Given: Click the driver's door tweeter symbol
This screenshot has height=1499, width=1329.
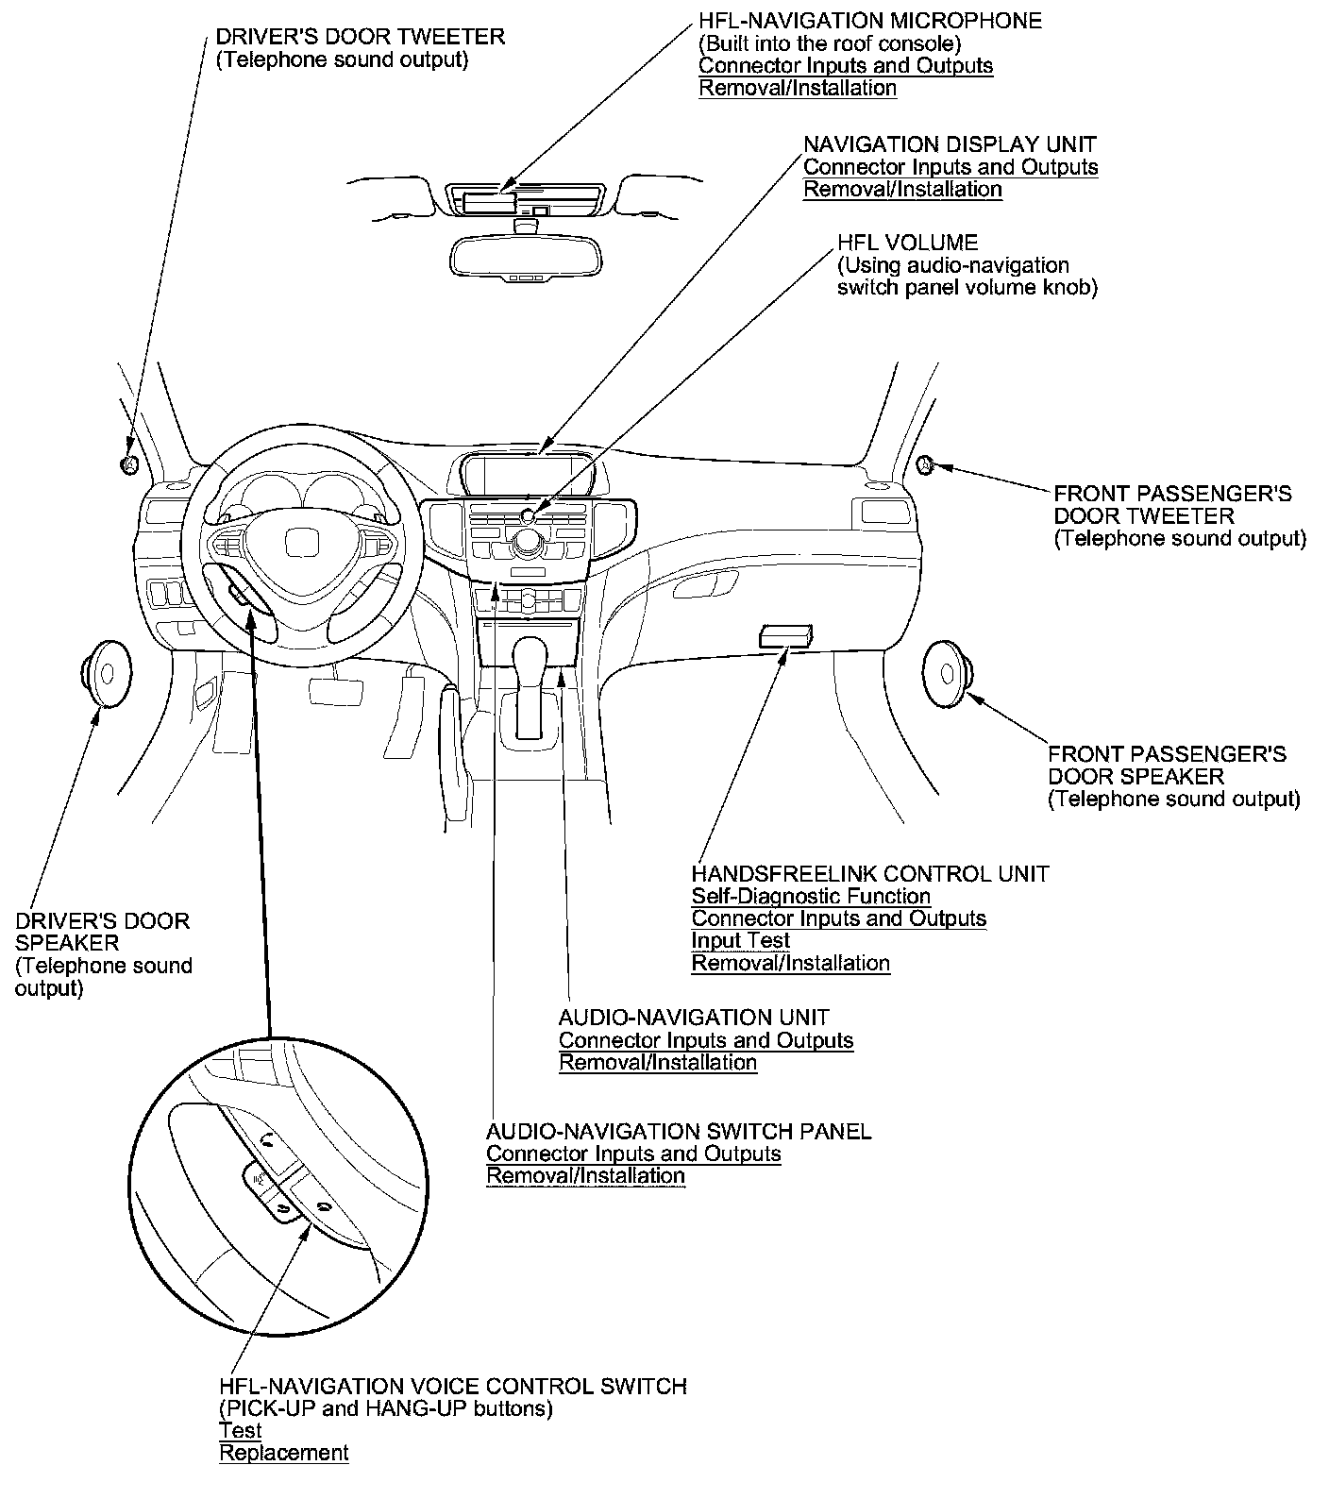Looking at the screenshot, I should pyautogui.click(x=129, y=463).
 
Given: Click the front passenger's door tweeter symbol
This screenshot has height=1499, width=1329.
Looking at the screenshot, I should pyautogui.click(x=925, y=463).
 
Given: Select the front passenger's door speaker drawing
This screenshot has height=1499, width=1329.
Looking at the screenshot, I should pyautogui.click(x=946, y=673).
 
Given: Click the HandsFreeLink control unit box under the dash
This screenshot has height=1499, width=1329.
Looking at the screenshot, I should pyautogui.click(x=785, y=636).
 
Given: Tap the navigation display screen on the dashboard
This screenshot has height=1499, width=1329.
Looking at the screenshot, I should pyautogui.click(x=527, y=474).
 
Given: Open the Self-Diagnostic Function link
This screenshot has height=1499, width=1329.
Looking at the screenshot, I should pyautogui.click(x=811, y=896).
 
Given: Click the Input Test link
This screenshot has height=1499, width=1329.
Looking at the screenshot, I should pyautogui.click(x=740, y=940).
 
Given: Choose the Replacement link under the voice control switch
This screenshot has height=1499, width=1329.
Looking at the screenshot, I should pyautogui.click(x=283, y=1453).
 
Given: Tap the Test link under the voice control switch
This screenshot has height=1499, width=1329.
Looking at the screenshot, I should pyautogui.click(x=240, y=1430).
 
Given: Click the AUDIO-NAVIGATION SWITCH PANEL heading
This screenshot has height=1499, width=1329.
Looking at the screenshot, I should pyautogui.click(x=678, y=1130).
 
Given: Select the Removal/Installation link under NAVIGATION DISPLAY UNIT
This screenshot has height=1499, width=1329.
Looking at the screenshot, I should pyautogui.click(x=902, y=189).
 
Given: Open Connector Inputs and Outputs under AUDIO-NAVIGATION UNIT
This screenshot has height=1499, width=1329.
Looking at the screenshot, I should pyautogui.click(x=705, y=1040).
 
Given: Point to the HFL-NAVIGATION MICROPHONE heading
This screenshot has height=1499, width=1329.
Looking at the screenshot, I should pyautogui.click(x=869, y=21).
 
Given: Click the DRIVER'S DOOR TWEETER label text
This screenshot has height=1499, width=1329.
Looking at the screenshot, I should pyautogui.click(x=360, y=37).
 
